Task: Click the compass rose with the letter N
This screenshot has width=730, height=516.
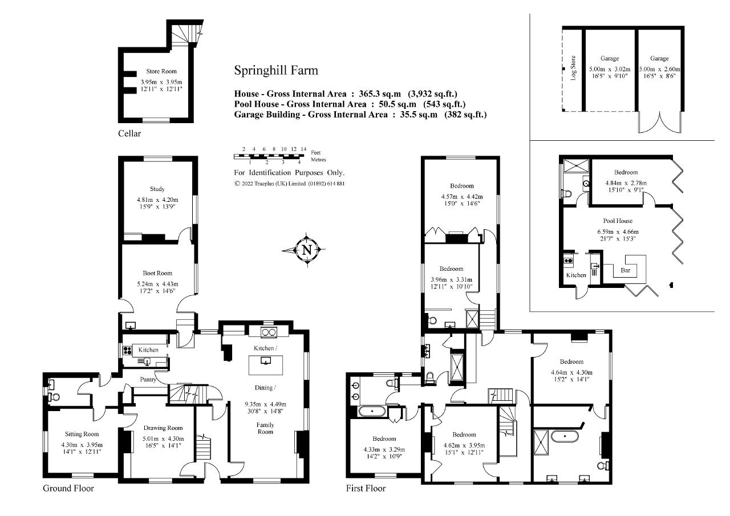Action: tap(307, 250)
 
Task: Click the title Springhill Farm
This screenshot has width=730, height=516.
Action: tap(276, 71)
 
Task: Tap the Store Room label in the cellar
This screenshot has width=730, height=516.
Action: tap(161, 71)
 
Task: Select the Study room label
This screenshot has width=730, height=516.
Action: tap(157, 189)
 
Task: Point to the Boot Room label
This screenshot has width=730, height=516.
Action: tap(157, 273)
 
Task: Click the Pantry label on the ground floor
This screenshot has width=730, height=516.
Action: tap(148, 380)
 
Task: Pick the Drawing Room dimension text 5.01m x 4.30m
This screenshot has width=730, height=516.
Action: tap(163, 439)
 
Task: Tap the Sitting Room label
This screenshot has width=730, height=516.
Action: tap(82, 434)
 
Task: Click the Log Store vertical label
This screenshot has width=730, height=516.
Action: tap(573, 68)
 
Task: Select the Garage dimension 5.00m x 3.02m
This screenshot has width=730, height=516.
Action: tap(610, 70)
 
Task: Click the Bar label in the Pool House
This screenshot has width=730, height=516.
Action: tap(626, 270)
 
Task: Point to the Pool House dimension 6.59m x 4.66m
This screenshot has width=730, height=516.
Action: tap(618, 232)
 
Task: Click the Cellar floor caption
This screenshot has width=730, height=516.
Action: tap(129, 133)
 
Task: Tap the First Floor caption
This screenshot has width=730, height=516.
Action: tap(366, 488)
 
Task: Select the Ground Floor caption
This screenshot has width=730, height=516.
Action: tap(68, 488)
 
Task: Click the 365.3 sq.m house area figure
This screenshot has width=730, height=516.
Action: tap(380, 94)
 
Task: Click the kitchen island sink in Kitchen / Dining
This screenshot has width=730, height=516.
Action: tap(266, 360)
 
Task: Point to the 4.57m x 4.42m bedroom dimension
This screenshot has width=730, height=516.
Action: tap(462, 197)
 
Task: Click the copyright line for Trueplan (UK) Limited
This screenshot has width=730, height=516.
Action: tap(289, 184)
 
